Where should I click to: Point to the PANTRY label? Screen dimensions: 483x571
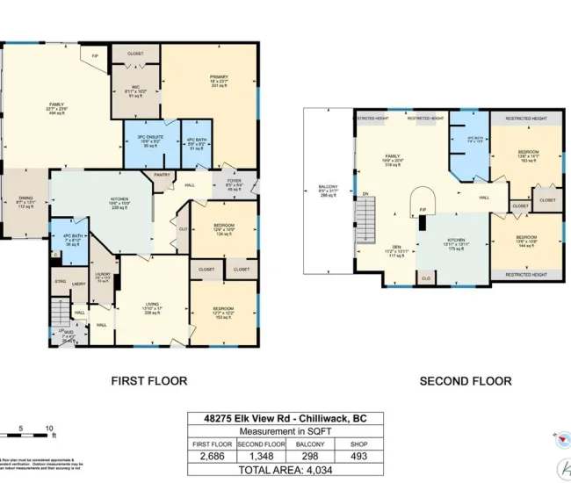point(162,175)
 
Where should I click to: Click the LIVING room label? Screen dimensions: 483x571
point(152,307)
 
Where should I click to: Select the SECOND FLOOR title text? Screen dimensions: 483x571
point(465,381)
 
